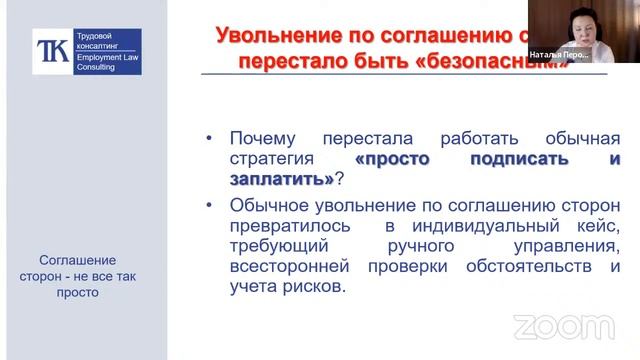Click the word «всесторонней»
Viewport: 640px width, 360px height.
pyautogui.click(x=287, y=268)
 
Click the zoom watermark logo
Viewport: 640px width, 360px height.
pyautogui.click(x=550, y=327)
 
